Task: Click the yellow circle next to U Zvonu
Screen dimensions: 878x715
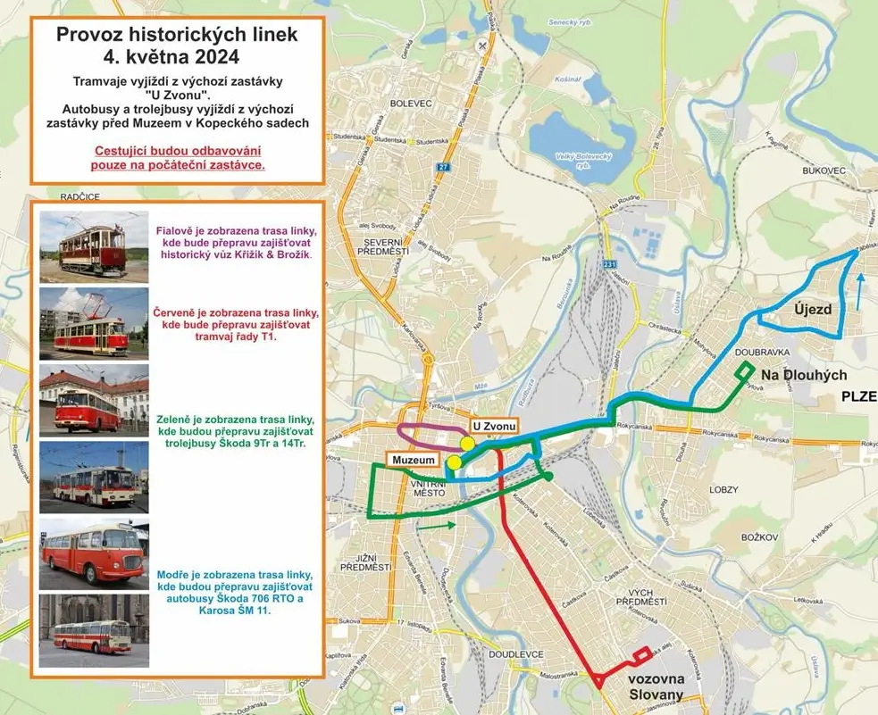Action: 467,444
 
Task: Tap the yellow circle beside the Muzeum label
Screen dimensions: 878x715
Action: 454,462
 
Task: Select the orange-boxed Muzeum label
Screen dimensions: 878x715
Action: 412,460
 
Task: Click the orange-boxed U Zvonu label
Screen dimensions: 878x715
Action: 494,427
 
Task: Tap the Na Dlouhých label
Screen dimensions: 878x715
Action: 804,375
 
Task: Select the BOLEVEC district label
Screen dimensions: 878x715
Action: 411,104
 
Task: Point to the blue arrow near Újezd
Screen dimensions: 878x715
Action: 859,290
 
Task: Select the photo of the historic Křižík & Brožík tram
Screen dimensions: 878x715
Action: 93,246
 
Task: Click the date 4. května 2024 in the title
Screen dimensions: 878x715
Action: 177,57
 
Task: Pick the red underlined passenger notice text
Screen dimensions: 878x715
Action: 180,157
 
